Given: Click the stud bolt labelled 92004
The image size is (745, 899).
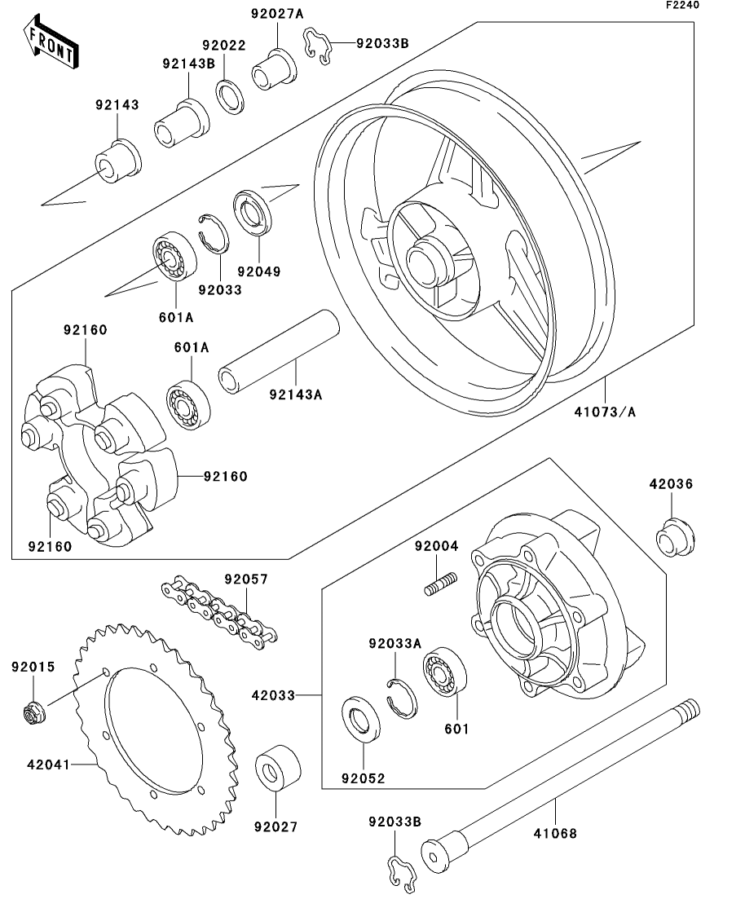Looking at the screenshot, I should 441,584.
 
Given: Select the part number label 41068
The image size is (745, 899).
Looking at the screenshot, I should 554,833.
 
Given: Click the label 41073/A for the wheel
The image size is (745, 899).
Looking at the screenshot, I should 604,412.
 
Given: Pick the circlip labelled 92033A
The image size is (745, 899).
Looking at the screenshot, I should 401,695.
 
